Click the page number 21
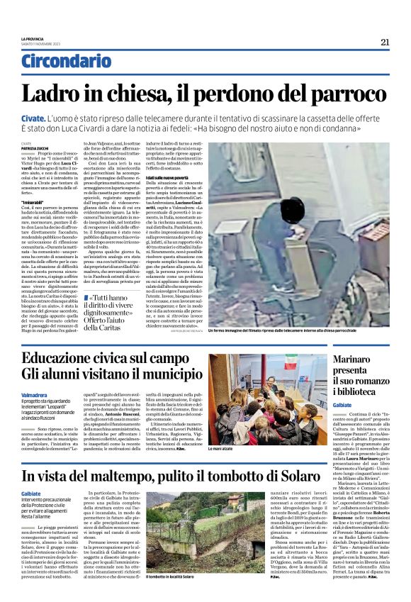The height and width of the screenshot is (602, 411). (x=385, y=42)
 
